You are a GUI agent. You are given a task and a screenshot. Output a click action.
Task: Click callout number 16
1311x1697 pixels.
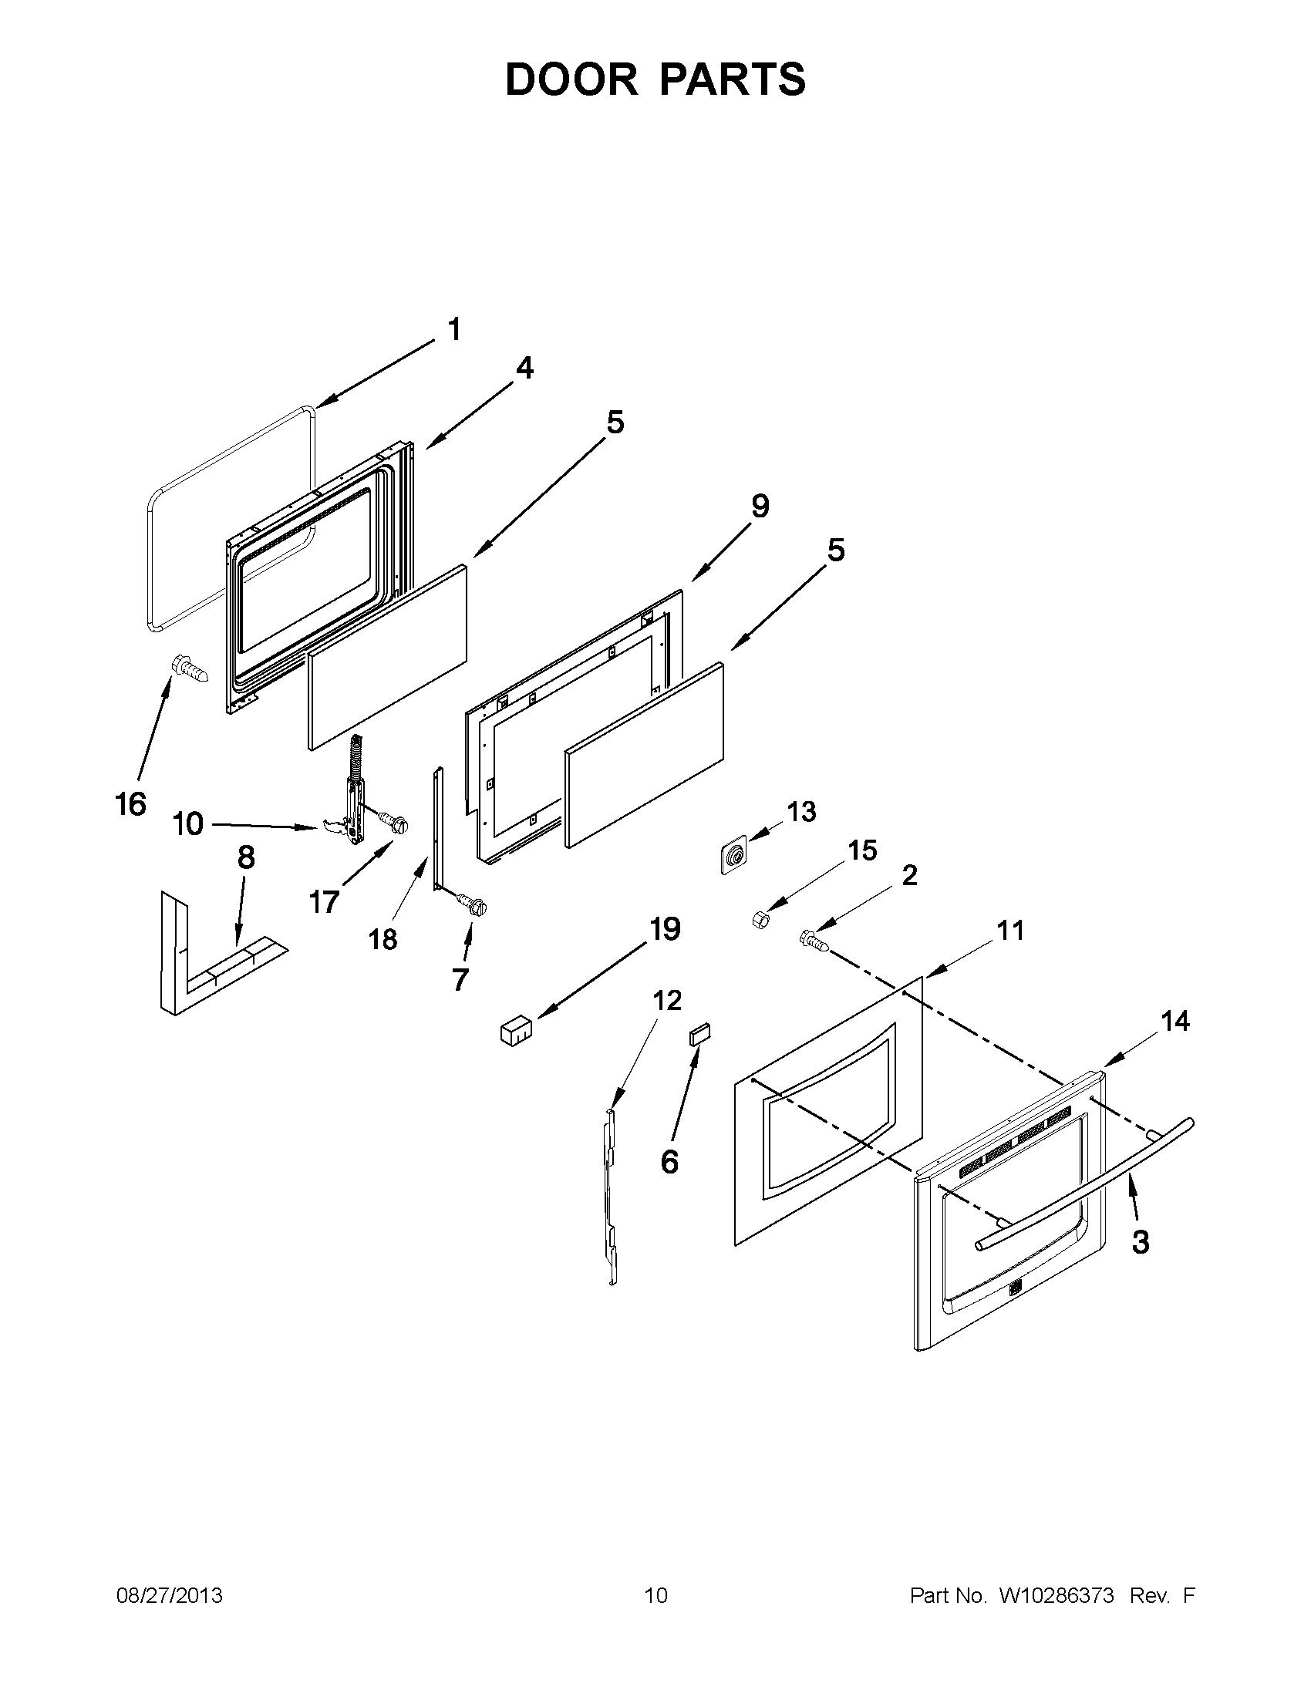130,803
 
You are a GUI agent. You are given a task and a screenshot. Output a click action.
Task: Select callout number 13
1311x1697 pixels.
801,812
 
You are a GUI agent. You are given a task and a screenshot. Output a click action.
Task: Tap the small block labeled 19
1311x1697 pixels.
515,1033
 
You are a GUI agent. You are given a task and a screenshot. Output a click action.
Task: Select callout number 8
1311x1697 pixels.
245,858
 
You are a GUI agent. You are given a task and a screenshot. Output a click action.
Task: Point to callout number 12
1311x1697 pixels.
667,1000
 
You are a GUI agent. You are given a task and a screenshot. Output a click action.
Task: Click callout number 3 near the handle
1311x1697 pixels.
1140,1242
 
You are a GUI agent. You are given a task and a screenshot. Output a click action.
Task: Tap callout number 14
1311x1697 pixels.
1175,1021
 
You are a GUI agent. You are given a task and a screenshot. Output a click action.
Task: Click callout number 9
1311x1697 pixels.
760,507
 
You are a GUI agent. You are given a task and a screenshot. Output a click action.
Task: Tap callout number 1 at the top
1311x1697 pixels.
454,329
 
